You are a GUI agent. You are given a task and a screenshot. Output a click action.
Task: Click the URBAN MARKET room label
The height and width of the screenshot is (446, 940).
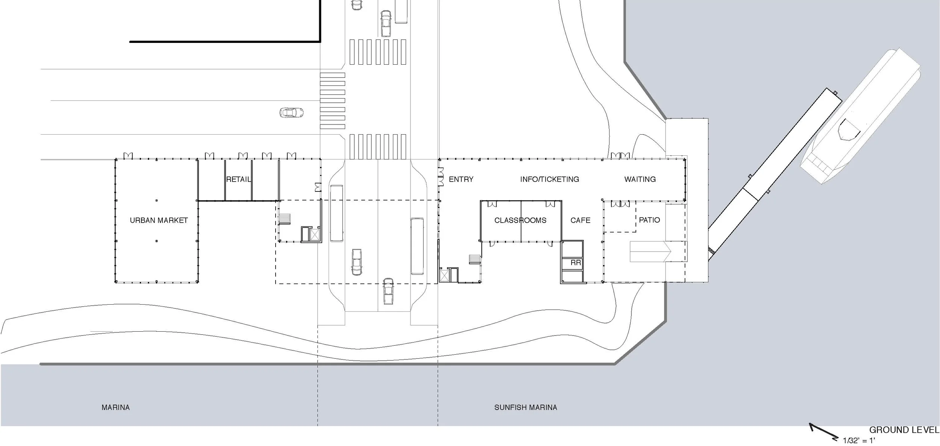point(159,220)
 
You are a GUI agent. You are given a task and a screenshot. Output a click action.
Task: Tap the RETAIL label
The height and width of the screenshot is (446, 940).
point(238,179)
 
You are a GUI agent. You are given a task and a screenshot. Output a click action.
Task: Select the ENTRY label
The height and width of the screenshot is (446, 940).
point(461,179)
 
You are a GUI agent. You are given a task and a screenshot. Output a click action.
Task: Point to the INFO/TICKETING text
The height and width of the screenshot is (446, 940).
point(549,179)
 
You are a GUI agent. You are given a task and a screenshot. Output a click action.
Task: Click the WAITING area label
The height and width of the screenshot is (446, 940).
point(640,179)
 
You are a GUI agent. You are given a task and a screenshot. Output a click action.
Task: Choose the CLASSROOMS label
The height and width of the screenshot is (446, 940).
point(520,220)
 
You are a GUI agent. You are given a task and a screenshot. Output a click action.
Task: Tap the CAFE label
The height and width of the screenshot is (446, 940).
point(580,220)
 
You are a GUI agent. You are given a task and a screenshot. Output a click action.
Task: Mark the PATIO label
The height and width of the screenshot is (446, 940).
point(649,220)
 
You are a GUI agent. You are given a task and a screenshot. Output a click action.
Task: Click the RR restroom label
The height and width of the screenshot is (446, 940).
point(575,263)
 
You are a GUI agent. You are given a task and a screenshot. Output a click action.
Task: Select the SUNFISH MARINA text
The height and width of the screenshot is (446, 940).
point(525,407)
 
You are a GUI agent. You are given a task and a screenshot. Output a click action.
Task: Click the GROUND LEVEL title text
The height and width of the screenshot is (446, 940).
point(904,430)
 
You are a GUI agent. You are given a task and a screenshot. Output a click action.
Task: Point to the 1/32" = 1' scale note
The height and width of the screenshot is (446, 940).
point(859,440)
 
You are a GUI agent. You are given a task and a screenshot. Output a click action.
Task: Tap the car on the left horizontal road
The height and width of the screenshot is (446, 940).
point(291,112)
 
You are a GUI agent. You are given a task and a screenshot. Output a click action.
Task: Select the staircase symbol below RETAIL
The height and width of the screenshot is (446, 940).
point(285,218)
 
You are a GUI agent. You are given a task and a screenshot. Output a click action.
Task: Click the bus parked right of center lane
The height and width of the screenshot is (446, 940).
point(417,246)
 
